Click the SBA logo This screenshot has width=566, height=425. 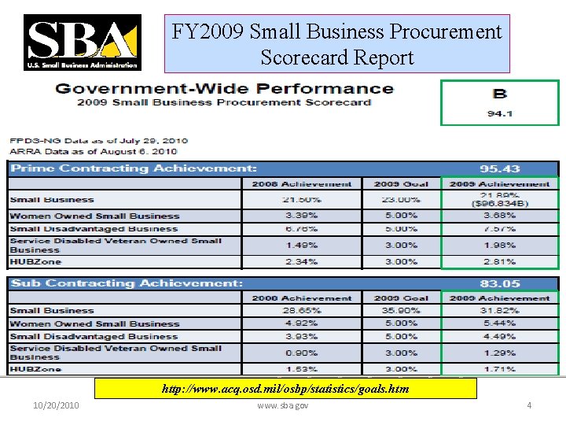(83, 42)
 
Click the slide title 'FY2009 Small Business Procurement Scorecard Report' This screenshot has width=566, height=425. (336, 44)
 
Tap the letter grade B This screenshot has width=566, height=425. (500, 94)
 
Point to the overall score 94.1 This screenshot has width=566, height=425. (500, 113)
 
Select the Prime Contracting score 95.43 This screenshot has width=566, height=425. (500, 168)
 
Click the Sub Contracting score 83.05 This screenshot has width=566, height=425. (500, 283)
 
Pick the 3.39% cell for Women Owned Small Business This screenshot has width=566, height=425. (302, 216)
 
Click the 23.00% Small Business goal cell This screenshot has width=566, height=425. (401, 200)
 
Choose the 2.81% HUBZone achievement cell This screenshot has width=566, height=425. (500, 261)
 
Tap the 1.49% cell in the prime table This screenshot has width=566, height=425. (302, 245)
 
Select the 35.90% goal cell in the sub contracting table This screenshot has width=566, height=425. (401, 311)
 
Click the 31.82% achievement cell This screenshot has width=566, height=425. (500, 311)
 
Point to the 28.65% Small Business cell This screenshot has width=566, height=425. (302, 311)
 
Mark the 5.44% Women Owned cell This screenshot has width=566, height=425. (500, 323)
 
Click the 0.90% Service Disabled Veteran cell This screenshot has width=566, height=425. (302, 353)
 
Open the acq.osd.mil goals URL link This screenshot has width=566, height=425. (285, 389)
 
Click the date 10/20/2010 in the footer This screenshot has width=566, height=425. (57, 405)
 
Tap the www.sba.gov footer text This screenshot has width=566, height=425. (283, 405)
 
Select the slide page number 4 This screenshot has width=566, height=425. (529, 405)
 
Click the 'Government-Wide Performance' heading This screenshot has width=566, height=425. (224, 88)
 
